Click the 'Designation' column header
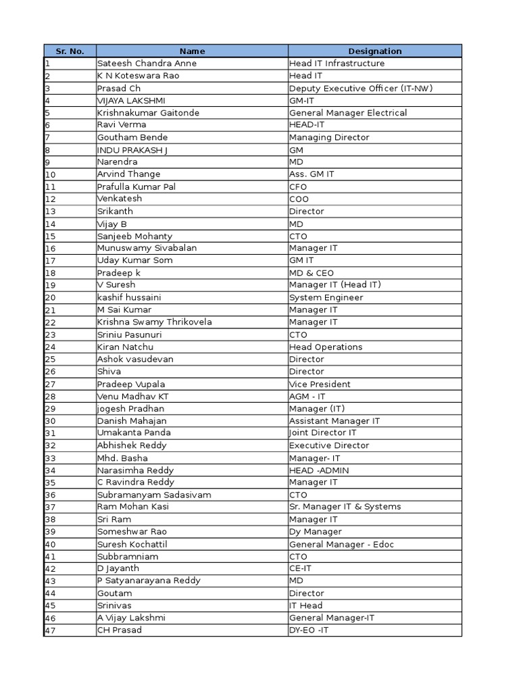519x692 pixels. point(374,51)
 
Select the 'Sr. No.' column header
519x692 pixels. point(70,51)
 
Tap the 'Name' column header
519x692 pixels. point(192,51)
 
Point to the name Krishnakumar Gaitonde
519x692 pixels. point(148,113)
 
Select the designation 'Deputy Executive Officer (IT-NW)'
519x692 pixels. point(361,88)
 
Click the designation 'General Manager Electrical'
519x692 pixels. point(348,113)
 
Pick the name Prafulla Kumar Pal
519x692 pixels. point(137,187)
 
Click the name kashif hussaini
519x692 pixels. point(129,297)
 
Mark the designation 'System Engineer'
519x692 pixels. point(326,297)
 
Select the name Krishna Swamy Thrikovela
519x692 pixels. point(154,322)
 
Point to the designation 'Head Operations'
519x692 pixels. point(326,347)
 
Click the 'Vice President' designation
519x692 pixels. point(320,384)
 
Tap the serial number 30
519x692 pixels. point(50,421)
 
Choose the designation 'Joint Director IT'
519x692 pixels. point(323,433)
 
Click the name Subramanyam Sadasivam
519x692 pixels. point(154,495)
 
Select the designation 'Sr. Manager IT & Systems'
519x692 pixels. point(345,507)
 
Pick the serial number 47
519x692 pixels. point(50,631)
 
